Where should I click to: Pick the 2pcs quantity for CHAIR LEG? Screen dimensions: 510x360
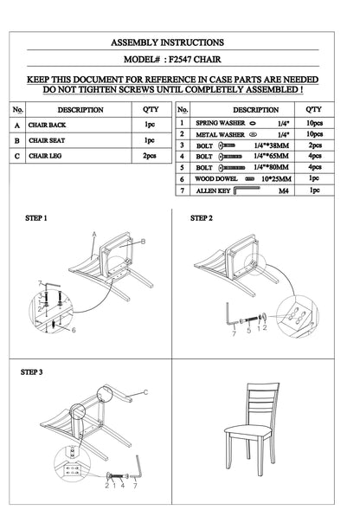(x=149, y=156)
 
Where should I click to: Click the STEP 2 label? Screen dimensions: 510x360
(x=202, y=218)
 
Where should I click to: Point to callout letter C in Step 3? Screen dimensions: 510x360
(x=145, y=392)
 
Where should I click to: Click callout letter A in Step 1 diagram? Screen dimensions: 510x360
(x=93, y=235)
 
